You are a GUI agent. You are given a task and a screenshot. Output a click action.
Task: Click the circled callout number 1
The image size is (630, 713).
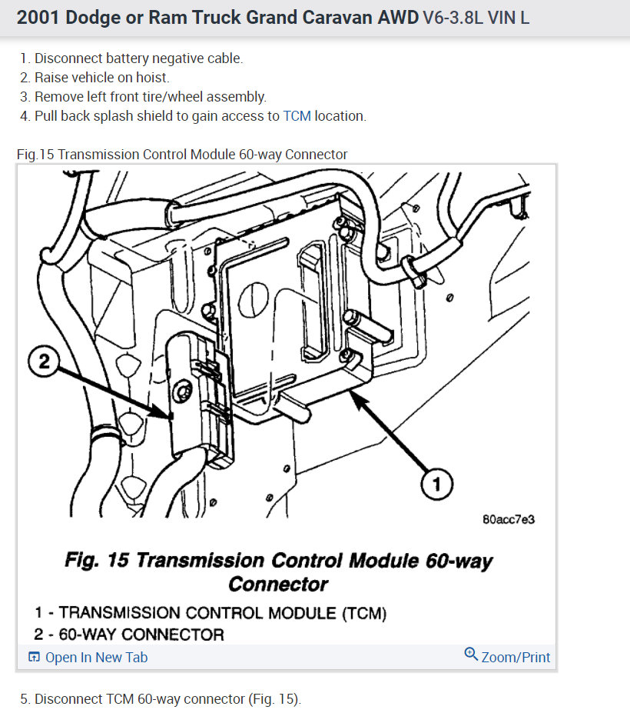point(436,484)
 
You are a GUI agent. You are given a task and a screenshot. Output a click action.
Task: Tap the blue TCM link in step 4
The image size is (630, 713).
point(297,116)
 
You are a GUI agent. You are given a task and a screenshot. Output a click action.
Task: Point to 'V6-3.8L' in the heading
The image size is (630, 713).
point(457,17)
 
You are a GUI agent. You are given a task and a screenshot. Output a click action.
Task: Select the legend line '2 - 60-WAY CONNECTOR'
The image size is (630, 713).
point(129,635)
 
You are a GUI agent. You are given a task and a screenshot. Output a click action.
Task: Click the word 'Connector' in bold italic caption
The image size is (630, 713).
point(277,584)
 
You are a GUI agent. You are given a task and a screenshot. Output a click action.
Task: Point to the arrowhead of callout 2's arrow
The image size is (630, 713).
point(170,416)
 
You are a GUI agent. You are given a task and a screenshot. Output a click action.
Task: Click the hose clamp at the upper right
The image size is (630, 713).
point(416,272)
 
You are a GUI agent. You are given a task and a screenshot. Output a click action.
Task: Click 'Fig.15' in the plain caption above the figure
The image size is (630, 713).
point(35,155)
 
